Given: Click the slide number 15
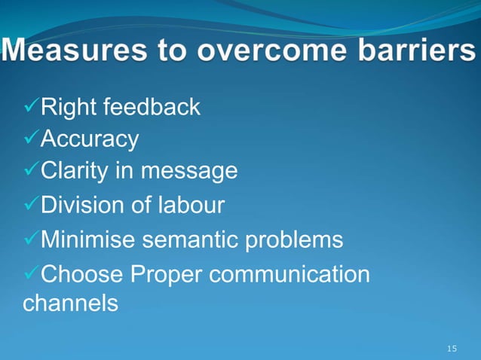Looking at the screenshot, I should [x=452, y=348].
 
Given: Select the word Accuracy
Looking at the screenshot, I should [x=89, y=139].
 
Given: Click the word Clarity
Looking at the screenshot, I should [x=76, y=172].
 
